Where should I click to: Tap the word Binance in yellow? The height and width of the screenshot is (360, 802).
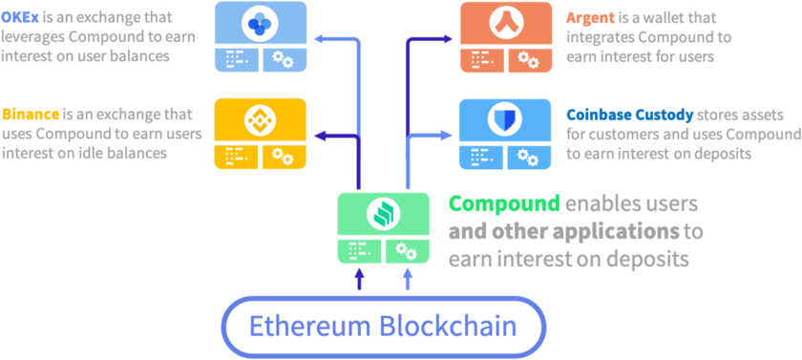pos(31,114)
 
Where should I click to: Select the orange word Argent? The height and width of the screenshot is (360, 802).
pos(590,18)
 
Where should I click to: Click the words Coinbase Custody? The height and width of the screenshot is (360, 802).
pos(630,115)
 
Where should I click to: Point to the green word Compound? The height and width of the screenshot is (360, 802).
pos(504,204)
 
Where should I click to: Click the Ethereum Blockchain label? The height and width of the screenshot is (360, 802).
pos(383,327)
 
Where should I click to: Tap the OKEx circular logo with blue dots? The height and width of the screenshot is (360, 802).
pos(260,23)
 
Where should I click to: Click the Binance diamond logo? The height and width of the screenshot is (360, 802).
pos(260,121)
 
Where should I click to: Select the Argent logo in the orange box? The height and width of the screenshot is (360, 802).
pos(506,24)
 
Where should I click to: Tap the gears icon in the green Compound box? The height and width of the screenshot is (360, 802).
pos(407,251)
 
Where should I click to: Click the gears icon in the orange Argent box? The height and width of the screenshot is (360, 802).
pos(529,60)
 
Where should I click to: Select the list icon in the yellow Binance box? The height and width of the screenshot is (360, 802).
pos(237,157)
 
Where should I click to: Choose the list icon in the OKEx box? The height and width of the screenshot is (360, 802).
pos(237,60)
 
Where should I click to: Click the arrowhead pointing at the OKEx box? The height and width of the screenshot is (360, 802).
pos(319,39)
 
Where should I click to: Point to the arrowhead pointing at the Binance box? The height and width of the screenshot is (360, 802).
pos(319,136)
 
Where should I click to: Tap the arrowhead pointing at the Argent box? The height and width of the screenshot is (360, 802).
pos(447,39)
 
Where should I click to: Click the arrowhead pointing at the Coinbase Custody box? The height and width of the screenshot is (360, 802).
pos(447,136)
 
